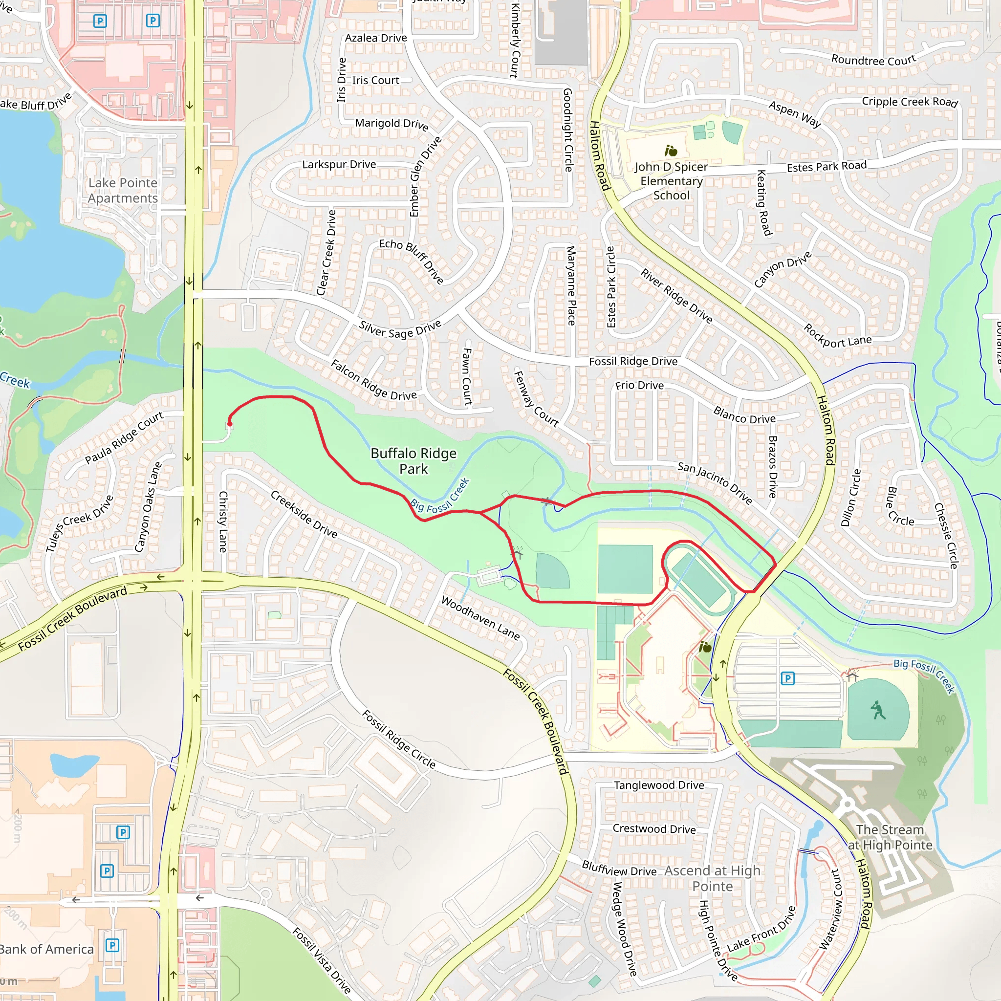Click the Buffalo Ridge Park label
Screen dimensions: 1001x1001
(x=413, y=460)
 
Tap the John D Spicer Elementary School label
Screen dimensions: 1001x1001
(x=671, y=181)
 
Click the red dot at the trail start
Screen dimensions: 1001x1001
(x=230, y=424)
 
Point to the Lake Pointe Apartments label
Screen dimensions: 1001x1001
(x=123, y=190)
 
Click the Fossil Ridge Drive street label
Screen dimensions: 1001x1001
(x=632, y=361)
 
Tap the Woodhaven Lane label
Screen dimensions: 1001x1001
(x=480, y=618)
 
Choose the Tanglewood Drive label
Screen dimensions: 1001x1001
(x=658, y=785)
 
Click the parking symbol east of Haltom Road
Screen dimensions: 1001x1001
(x=787, y=678)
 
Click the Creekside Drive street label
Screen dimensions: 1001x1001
(x=304, y=515)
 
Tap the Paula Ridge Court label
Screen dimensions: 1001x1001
(x=124, y=437)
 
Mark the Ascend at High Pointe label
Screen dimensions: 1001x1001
(x=713, y=878)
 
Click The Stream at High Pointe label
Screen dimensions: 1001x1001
(x=890, y=837)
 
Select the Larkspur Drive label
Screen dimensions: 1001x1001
(x=339, y=164)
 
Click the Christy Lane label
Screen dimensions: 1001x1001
(x=223, y=521)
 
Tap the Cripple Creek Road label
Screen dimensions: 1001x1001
(x=909, y=102)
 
